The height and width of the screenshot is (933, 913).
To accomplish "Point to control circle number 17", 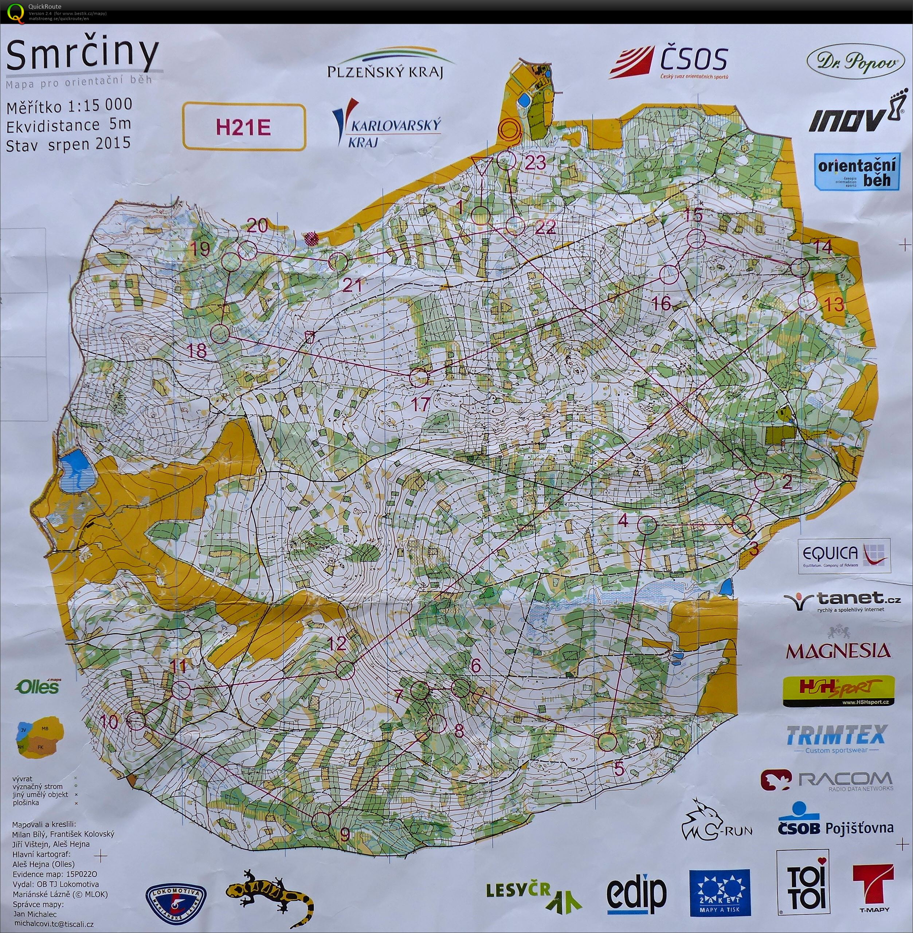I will tap(419, 377).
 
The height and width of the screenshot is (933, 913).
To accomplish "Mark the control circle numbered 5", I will tap(608, 742).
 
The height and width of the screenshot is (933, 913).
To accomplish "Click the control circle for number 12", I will tap(344, 670).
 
